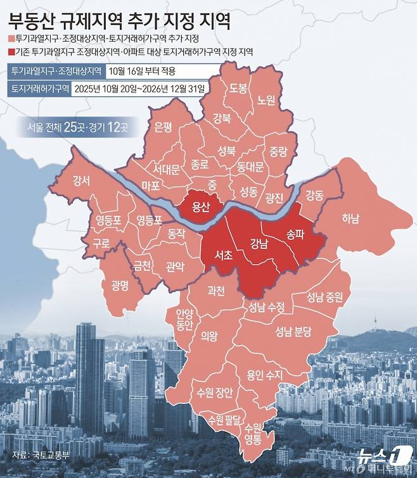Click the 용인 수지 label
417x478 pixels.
click(x=265, y=374)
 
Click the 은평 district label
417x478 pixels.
click(x=164, y=127)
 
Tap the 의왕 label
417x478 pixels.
click(x=208, y=336)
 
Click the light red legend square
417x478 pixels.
click(x=10, y=38)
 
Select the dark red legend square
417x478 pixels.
click(x=10, y=52)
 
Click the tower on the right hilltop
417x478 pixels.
click(x=375, y=320)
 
